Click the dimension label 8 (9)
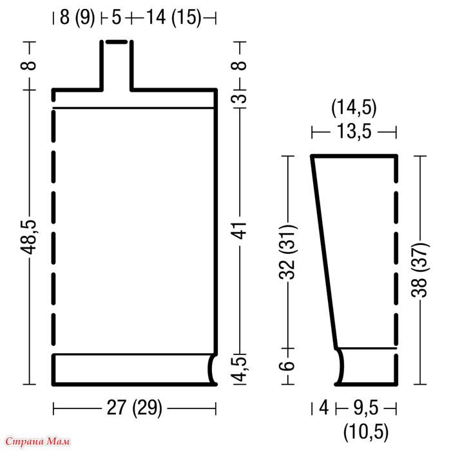point(77,18)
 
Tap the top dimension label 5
point(117,17)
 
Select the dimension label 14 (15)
point(174,18)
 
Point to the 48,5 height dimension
point(28,237)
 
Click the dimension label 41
point(240,231)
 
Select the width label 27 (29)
point(134,408)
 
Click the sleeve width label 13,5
point(354,131)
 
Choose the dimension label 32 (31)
point(287,253)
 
